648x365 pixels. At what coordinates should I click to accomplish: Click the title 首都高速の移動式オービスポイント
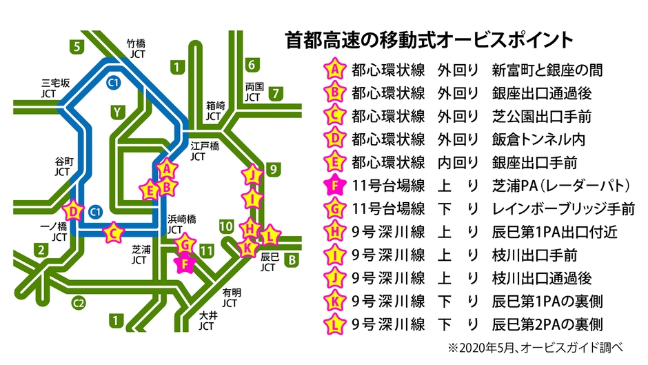coord(429,39)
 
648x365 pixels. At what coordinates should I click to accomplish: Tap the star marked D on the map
coord(74,211)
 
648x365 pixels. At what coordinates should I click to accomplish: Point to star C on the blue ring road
coord(112,232)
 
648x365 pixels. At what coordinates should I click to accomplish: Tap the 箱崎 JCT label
coord(215,111)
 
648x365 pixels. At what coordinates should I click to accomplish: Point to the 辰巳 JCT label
coord(268,261)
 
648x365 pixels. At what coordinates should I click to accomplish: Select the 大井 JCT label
coord(207,320)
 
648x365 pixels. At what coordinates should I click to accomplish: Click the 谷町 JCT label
coord(63,166)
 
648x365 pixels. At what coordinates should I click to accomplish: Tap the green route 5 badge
coord(78,47)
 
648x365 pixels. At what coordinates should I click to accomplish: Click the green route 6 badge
coord(252,66)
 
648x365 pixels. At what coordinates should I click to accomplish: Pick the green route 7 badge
coord(275,92)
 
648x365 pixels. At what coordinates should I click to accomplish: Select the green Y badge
coord(117,111)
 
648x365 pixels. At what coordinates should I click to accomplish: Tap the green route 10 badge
coord(225,225)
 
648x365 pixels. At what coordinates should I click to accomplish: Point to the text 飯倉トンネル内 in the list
coord(538,139)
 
